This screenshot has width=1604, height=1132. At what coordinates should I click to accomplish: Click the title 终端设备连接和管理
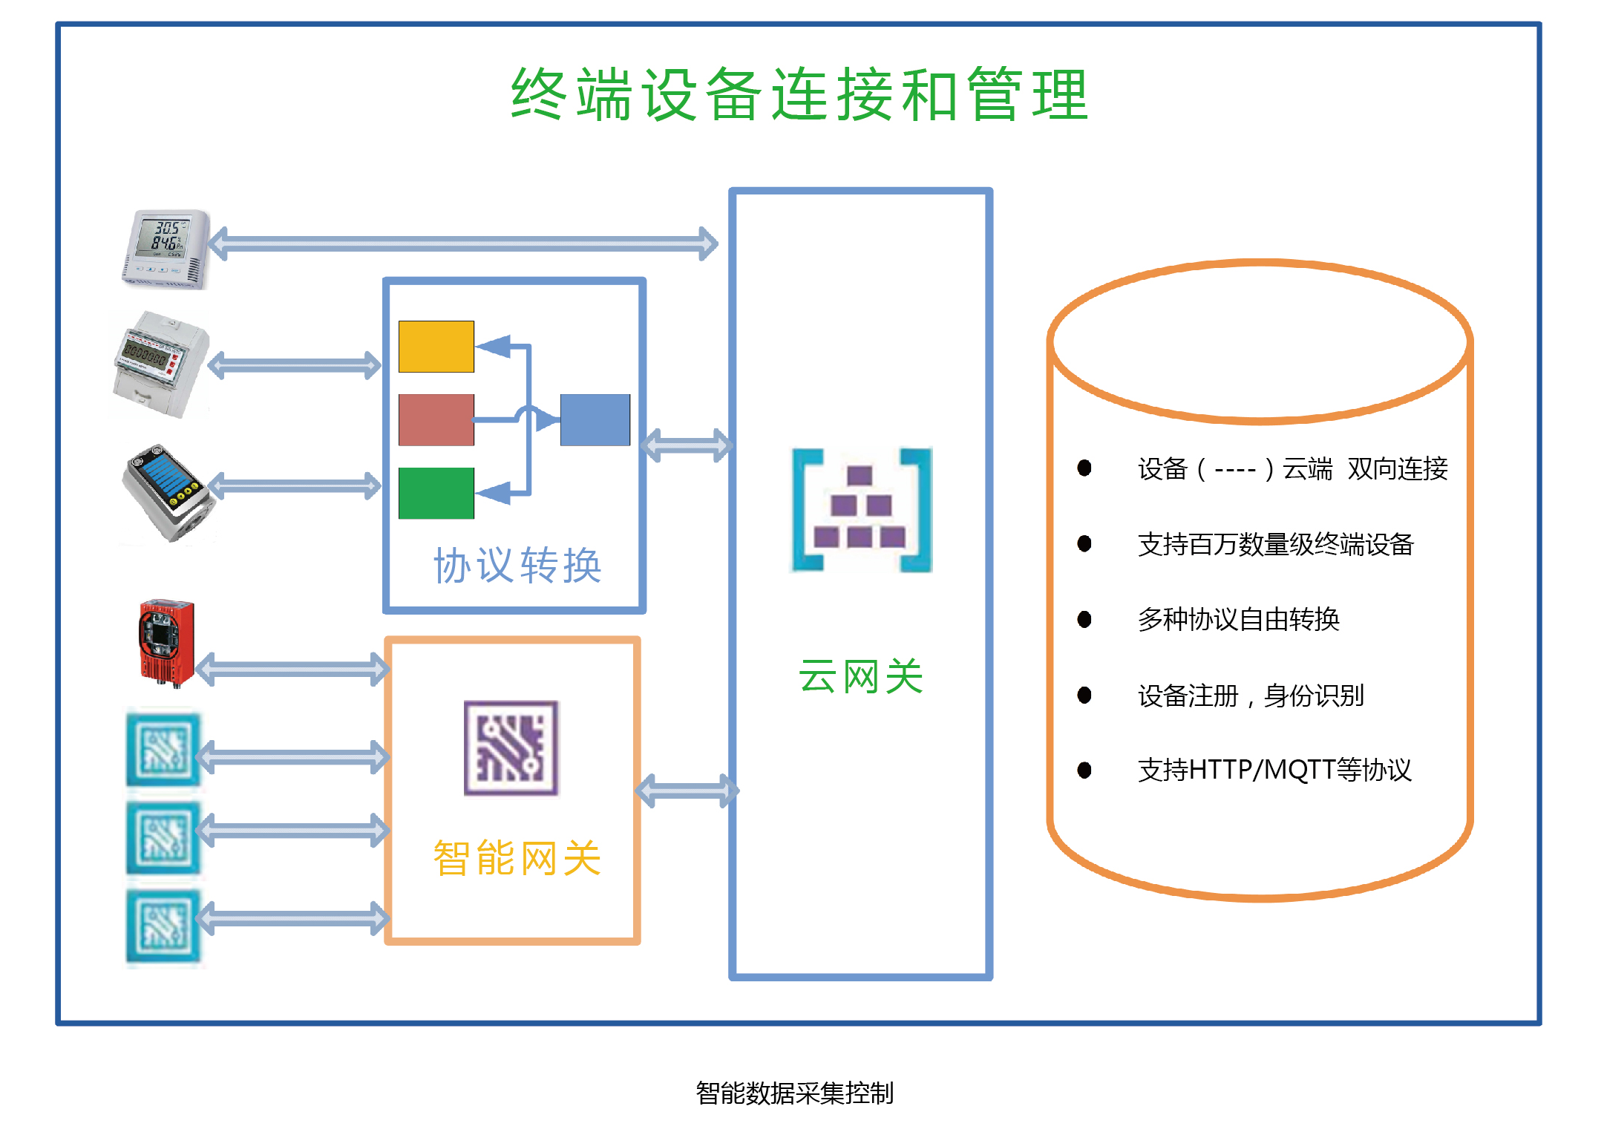pos(799,95)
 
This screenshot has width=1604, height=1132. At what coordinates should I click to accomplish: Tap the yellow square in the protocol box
pos(436,347)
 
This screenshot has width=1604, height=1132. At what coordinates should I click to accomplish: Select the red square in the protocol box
pos(436,420)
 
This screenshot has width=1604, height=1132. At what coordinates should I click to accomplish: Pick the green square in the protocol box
pos(436,493)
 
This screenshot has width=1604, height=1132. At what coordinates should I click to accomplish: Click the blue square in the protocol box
pos(595,420)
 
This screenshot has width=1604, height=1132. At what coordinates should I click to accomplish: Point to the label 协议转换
pos(517,566)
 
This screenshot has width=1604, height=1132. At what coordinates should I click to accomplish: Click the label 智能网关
pos(517,858)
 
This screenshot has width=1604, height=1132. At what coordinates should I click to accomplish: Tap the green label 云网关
pos(860,676)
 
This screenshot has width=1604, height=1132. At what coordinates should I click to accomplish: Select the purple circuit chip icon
pos(511,747)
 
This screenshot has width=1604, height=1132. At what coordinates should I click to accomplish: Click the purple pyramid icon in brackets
pos(861,510)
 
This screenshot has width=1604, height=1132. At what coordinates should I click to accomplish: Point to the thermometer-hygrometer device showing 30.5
pos(166,249)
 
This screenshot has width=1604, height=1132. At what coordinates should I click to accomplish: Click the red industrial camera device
pos(166,641)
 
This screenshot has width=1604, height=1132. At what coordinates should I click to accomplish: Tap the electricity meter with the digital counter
pos(160,364)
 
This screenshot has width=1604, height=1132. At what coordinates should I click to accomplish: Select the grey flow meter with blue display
pos(167,491)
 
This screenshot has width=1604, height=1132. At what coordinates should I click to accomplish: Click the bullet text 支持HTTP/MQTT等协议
pos(1274,770)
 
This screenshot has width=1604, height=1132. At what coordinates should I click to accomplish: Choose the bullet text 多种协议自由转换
pos(1238,619)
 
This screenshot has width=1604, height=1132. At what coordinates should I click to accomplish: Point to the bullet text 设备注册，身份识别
pos(1251,696)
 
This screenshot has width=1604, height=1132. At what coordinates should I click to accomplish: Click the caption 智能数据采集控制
pos(794,1093)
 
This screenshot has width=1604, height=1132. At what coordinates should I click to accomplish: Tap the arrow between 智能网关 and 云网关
pos(687,791)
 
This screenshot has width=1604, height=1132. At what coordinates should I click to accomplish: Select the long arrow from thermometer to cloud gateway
pos(462,243)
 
